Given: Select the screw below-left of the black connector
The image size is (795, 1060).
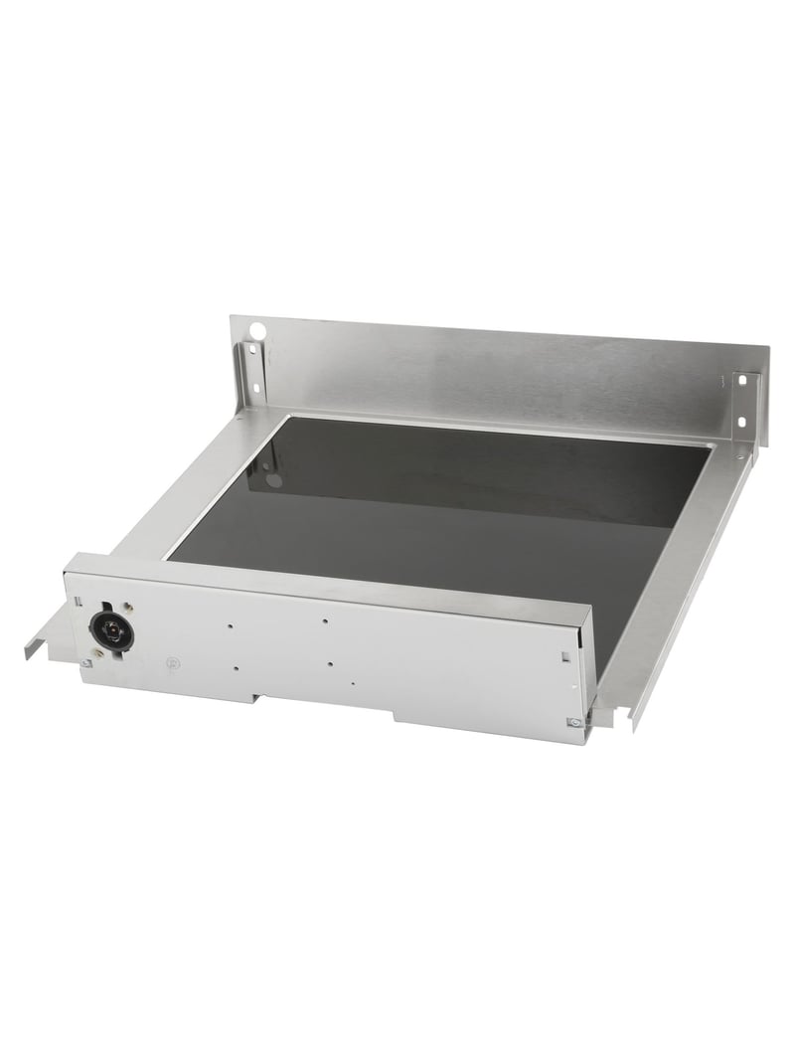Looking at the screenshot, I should (x=88, y=662).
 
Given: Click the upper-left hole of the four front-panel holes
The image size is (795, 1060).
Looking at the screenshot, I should (x=230, y=625).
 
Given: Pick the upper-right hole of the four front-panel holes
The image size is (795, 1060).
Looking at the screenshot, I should (x=326, y=621).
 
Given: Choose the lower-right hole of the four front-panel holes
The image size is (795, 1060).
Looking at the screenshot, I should (x=328, y=663).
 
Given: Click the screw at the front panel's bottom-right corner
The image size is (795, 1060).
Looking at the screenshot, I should (x=572, y=723).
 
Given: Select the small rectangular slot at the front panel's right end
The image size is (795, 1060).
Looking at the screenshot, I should (x=565, y=655).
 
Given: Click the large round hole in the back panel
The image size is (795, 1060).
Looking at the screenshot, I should (x=256, y=330).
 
